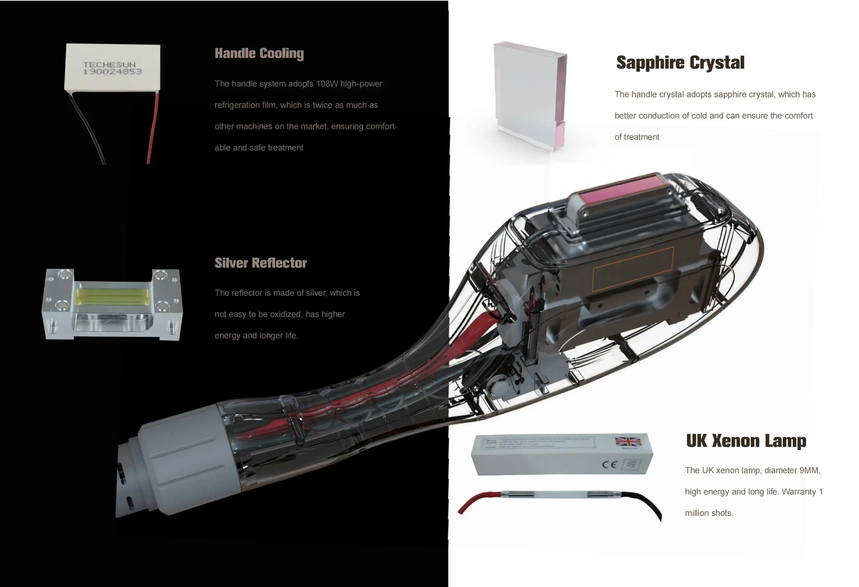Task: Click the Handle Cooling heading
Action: [x=259, y=53]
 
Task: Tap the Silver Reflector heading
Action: [x=261, y=263]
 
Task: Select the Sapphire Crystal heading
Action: [x=680, y=63]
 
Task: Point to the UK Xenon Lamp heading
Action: [x=746, y=441]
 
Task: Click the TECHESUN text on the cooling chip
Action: [x=110, y=65]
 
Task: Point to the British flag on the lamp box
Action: [x=628, y=441]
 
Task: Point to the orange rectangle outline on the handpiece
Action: [x=633, y=269]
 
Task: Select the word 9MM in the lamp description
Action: [x=810, y=470]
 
